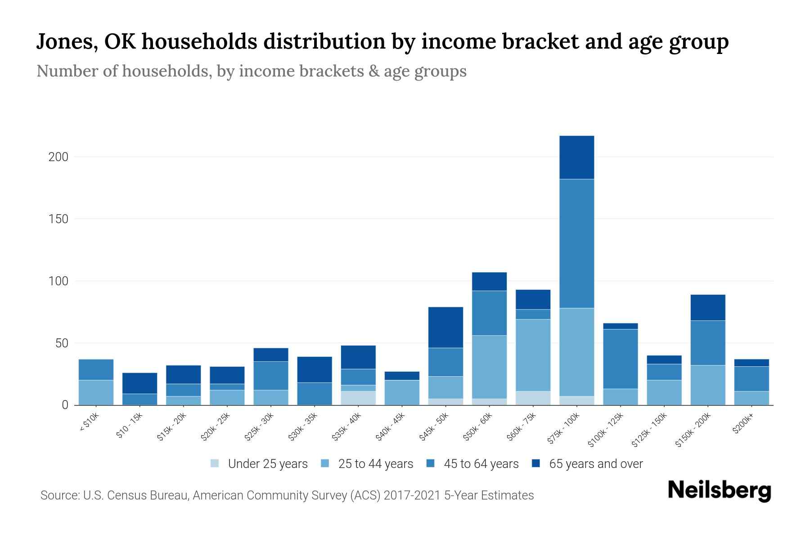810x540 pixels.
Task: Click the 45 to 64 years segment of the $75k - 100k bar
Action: (576, 243)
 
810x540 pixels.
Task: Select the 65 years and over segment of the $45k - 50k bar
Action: (445, 327)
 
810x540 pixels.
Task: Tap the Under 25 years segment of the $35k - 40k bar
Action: (358, 398)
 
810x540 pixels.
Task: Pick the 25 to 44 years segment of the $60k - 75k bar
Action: (533, 355)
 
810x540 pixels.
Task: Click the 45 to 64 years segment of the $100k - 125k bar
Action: (620, 359)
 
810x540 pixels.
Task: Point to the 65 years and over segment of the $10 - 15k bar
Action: (139, 383)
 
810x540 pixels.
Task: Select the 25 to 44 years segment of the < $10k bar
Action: (96, 392)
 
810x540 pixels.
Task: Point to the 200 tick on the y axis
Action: (58, 157)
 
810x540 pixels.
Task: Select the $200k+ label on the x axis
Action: (742, 425)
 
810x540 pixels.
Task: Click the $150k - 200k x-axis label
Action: (693, 431)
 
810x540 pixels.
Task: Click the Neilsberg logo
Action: (719, 491)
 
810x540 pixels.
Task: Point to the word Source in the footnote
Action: (59, 495)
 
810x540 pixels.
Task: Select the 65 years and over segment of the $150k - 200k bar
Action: (708, 307)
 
